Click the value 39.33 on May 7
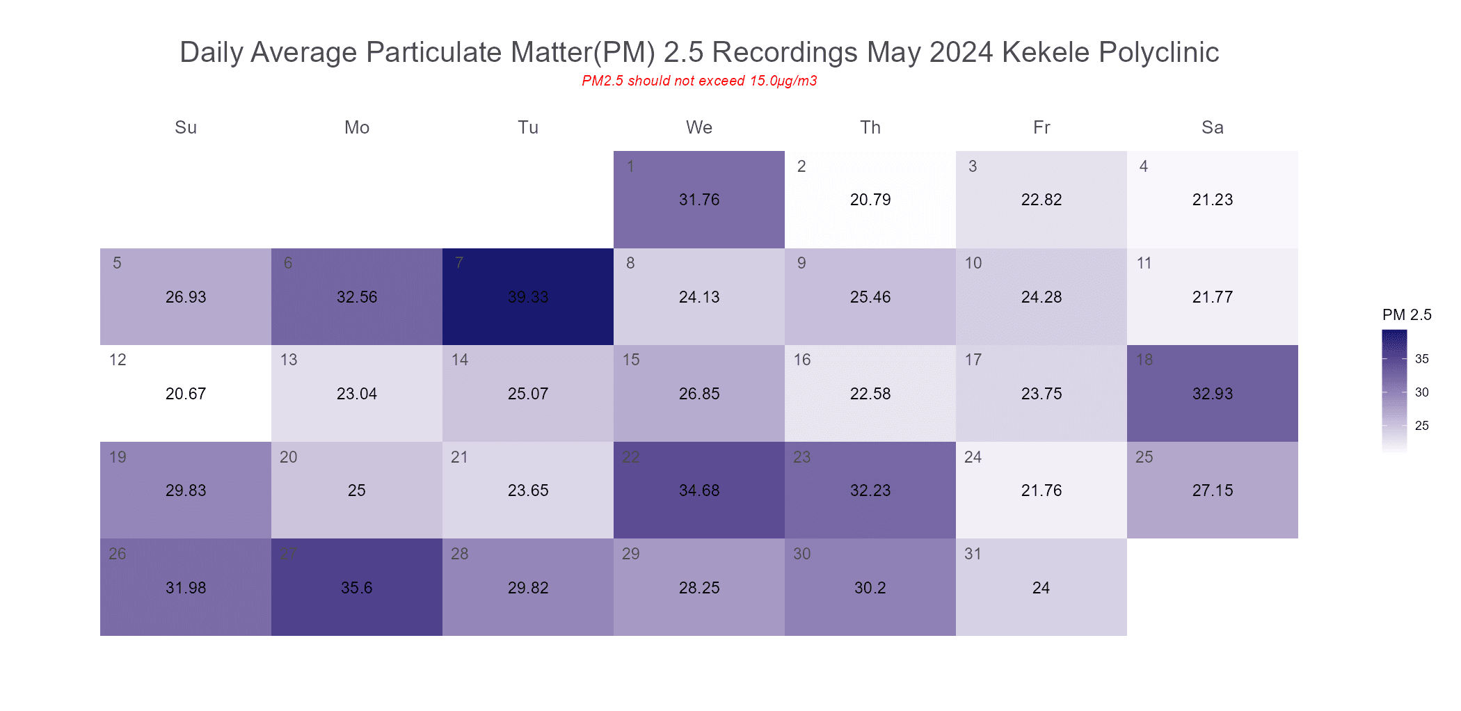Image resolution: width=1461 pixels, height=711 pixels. (x=528, y=297)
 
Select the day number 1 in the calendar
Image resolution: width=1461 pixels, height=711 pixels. (x=630, y=166)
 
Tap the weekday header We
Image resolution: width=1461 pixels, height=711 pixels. (x=699, y=127)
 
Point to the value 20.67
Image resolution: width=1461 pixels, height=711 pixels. (x=186, y=394)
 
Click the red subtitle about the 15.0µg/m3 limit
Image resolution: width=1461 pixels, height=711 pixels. (x=699, y=81)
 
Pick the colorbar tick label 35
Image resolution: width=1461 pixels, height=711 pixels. (x=1422, y=359)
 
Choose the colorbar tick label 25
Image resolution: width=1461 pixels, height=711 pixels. (x=1422, y=426)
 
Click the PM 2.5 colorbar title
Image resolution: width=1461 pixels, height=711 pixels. (x=1407, y=314)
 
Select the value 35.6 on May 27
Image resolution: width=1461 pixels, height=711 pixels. (x=357, y=588)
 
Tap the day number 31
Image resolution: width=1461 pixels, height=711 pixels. (x=973, y=554)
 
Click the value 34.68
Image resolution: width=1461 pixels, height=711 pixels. (x=699, y=490)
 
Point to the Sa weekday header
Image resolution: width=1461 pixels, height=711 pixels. (x=1213, y=127)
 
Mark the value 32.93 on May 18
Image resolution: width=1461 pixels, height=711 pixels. (x=1213, y=394)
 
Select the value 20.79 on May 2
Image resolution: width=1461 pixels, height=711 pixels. (x=870, y=200)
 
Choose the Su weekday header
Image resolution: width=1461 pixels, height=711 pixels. (x=186, y=127)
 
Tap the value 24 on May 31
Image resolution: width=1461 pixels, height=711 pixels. (x=1041, y=588)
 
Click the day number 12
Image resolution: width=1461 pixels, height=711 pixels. (x=118, y=360)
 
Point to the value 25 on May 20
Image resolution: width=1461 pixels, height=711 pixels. (x=357, y=490)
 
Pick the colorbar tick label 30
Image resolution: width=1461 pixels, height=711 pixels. (x=1422, y=392)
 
